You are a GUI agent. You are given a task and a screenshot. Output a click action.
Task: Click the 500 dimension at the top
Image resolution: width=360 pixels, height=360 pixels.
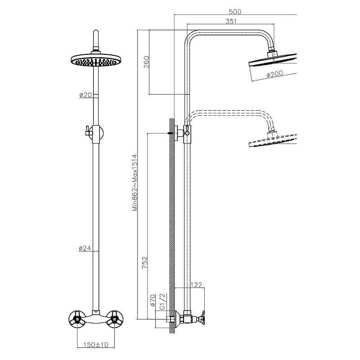pyautogui.click(x=235, y=11)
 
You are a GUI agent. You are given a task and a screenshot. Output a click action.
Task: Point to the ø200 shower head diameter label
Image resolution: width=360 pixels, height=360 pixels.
pyautogui.click(x=274, y=75)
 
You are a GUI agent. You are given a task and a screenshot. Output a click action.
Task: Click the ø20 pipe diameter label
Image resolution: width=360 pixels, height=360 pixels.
pyautogui.click(x=85, y=95)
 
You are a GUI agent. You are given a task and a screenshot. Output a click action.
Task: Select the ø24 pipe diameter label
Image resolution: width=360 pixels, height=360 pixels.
pyautogui.click(x=85, y=248)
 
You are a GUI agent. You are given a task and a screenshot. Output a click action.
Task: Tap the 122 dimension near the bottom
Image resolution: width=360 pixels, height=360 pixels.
pyautogui.click(x=196, y=285)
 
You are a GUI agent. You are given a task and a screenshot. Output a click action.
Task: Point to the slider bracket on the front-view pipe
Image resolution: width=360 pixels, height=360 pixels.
pyautogui.click(x=95, y=131)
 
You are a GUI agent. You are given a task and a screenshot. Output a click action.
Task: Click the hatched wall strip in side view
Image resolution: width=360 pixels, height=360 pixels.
pyautogui.click(x=171, y=225)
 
